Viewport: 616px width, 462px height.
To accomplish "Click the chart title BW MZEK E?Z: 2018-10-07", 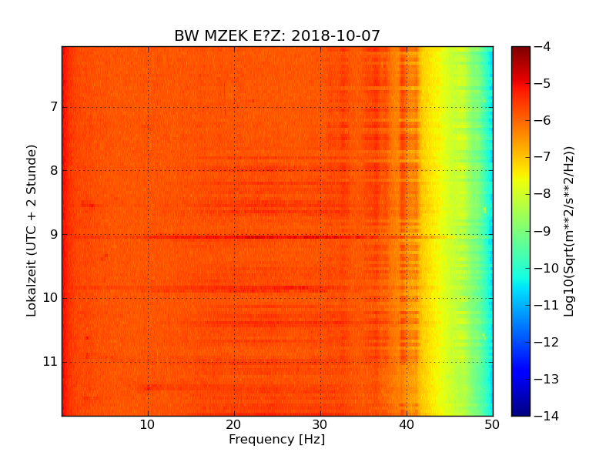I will [x=276, y=36].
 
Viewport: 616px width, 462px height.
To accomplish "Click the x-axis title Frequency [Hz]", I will [x=276, y=440].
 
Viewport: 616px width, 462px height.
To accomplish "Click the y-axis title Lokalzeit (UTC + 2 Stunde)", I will [x=32, y=231].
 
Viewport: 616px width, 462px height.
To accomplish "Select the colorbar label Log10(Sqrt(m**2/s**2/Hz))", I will [x=569, y=231].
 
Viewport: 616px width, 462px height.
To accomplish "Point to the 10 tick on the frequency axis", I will [x=148, y=424].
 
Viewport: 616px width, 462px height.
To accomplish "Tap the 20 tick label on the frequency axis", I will [x=234, y=424].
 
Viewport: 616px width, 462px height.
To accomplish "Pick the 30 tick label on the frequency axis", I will [x=320, y=424].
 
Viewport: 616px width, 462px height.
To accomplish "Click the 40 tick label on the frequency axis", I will [x=407, y=424].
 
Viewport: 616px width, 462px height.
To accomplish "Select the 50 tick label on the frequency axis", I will [x=492, y=424].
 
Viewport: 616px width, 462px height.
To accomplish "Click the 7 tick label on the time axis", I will [x=53, y=106].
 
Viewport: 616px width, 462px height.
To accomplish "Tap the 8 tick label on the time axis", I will [x=53, y=170].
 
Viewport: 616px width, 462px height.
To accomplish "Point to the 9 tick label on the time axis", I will [x=53, y=234].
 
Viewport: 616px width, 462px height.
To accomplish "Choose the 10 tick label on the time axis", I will [x=50, y=298].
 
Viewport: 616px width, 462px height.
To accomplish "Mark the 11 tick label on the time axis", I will [x=50, y=362].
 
